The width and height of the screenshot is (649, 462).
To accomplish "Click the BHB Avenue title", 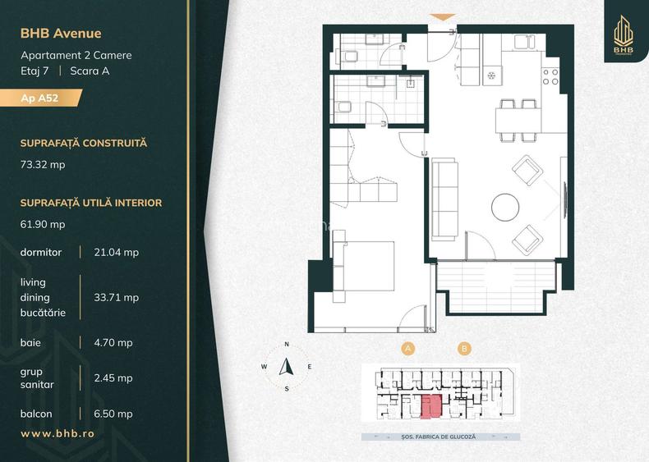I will (x=62, y=34).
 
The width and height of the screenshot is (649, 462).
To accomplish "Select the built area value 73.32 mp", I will (x=43, y=164).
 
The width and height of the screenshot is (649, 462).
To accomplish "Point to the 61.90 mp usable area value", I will (x=43, y=224).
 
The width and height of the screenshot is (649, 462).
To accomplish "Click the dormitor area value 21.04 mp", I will (x=116, y=252).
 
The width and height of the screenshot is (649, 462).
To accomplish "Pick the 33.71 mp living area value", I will (x=116, y=297).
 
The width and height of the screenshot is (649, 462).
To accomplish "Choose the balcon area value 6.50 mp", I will (x=113, y=414).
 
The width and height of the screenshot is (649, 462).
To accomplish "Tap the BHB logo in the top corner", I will (x=625, y=37).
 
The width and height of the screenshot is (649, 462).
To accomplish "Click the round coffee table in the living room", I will (x=504, y=205).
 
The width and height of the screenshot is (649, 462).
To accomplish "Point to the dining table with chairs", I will (x=517, y=120).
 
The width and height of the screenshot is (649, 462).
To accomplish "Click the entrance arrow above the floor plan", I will (x=442, y=16).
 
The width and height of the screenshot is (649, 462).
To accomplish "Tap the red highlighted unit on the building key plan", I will (x=431, y=404).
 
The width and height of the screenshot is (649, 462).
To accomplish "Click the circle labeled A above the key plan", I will (x=407, y=349).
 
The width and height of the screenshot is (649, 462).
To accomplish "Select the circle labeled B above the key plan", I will (x=465, y=349).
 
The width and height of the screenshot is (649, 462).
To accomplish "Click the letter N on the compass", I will (x=287, y=344).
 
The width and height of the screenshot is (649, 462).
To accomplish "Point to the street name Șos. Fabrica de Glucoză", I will (x=441, y=437).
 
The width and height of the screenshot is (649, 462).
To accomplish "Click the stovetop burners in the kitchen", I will (x=550, y=77).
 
